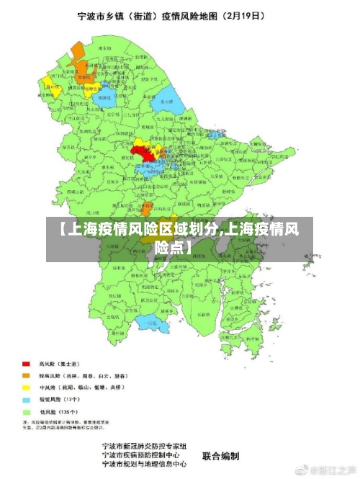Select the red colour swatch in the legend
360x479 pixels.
[x=26, y=364]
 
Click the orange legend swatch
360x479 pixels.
[x=26, y=375]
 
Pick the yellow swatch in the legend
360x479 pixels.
[x=26, y=387]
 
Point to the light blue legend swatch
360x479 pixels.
[x=26, y=398]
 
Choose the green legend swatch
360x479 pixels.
[x=26, y=410]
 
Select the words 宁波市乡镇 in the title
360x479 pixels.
[x=103, y=14]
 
